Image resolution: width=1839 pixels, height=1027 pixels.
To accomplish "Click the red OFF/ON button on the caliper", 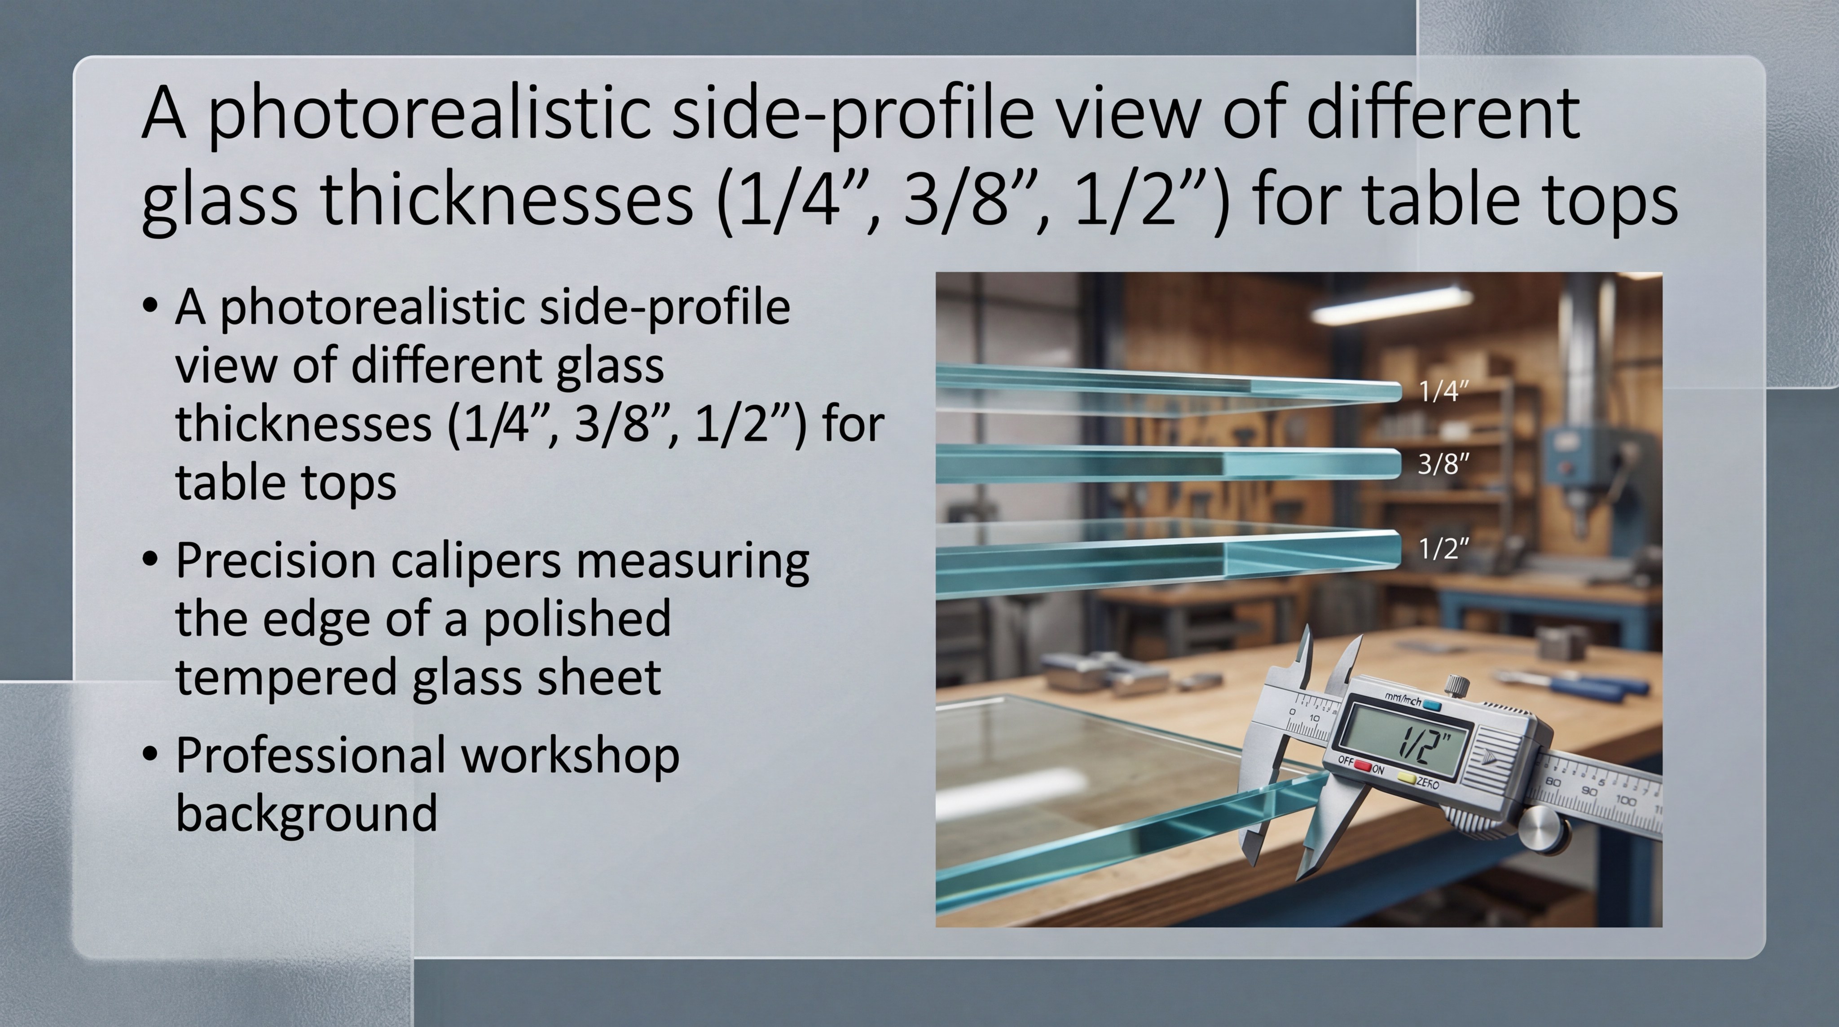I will (1363, 766).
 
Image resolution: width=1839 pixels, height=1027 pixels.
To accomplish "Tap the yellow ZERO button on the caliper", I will (1405, 778).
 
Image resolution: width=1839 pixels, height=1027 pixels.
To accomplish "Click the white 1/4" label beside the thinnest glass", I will (1443, 391).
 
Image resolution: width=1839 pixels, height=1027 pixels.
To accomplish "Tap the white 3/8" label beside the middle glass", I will (1443, 464).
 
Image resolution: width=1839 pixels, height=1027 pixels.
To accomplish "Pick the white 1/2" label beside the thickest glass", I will (1443, 549).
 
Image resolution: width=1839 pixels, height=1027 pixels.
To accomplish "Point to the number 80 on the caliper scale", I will (1553, 783).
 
